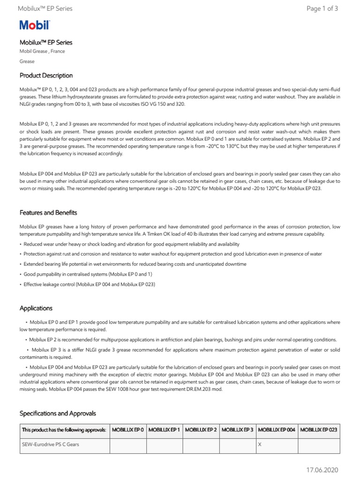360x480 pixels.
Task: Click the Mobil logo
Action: (34, 26)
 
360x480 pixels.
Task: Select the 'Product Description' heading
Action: (46, 75)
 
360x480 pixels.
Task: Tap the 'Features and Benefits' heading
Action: (48, 212)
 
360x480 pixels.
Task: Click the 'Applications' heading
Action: (36, 308)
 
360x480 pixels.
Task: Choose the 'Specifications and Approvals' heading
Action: (58, 413)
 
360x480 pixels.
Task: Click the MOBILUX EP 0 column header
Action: (128, 430)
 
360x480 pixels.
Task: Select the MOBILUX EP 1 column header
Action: (165, 430)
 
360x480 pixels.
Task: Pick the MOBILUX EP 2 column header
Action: (201, 430)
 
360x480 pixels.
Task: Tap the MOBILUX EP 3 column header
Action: (237, 430)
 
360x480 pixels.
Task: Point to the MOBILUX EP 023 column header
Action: (318, 430)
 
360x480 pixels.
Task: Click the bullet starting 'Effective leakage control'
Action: (89, 285)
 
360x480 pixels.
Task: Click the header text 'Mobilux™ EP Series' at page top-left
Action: (45, 8)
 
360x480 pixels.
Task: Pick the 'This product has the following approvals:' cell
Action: (64, 430)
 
